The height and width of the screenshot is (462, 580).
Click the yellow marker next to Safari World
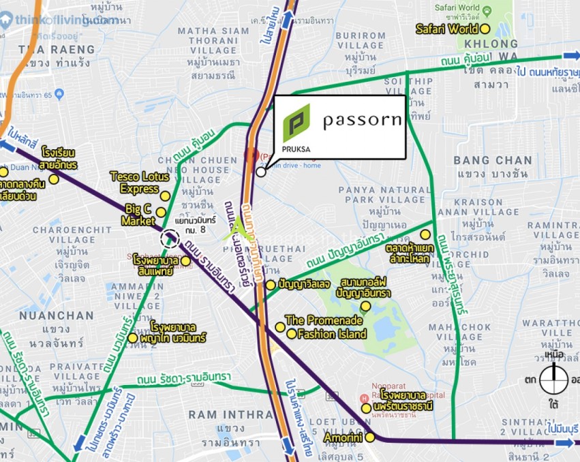485,29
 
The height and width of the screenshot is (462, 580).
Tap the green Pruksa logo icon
296,123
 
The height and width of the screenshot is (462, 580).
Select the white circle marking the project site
261,172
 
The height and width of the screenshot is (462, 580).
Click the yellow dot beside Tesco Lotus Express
165,196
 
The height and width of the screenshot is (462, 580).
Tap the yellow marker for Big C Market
161,213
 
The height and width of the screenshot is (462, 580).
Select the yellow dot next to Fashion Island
292,334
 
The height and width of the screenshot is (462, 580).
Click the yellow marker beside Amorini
370,437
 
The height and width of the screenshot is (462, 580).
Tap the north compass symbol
553,379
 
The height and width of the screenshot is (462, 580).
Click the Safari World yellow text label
447,29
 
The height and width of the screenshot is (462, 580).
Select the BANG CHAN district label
493,161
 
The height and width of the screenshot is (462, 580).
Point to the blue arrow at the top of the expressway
287,17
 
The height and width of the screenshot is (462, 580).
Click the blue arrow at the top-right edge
570,56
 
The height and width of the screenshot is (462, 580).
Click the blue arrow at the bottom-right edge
564,444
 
